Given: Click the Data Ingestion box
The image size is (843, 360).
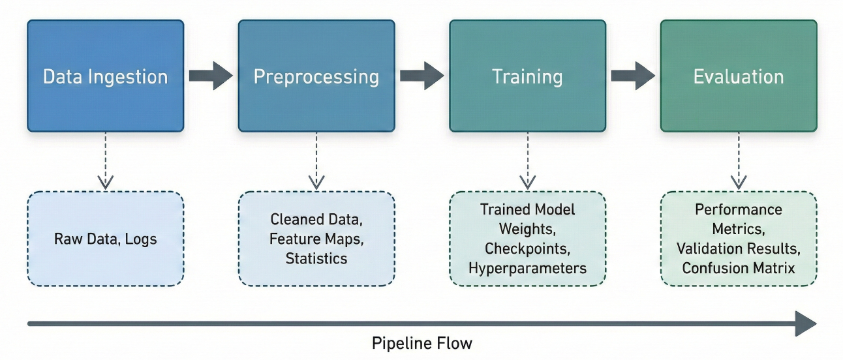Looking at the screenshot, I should click(x=105, y=76).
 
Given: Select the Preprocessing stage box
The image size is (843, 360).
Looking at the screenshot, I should click(x=316, y=76).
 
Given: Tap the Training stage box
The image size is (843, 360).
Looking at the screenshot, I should click(x=527, y=76).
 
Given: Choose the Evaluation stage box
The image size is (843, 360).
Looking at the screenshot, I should click(x=738, y=76).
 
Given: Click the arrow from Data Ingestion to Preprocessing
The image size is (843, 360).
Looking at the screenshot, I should click(x=210, y=76).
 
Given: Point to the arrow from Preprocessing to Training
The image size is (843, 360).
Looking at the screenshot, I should click(x=421, y=76).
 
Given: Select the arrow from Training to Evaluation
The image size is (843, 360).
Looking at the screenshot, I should click(x=632, y=76).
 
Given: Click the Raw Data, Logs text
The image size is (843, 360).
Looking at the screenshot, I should click(x=105, y=239).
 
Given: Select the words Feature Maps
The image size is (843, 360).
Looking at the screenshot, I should click(x=316, y=239).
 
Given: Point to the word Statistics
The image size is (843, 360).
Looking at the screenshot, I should click(x=316, y=258).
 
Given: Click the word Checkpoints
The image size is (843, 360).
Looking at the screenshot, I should click(x=527, y=248).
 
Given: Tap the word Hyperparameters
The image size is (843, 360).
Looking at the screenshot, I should click(x=527, y=268).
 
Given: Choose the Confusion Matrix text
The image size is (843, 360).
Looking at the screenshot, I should click(x=738, y=268).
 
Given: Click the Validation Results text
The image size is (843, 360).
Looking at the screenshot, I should click(x=738, y=248).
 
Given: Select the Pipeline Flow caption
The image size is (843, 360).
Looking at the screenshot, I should click(x=421, y=343).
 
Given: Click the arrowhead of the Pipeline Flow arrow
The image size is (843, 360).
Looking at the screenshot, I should click(x=806, y=323).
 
